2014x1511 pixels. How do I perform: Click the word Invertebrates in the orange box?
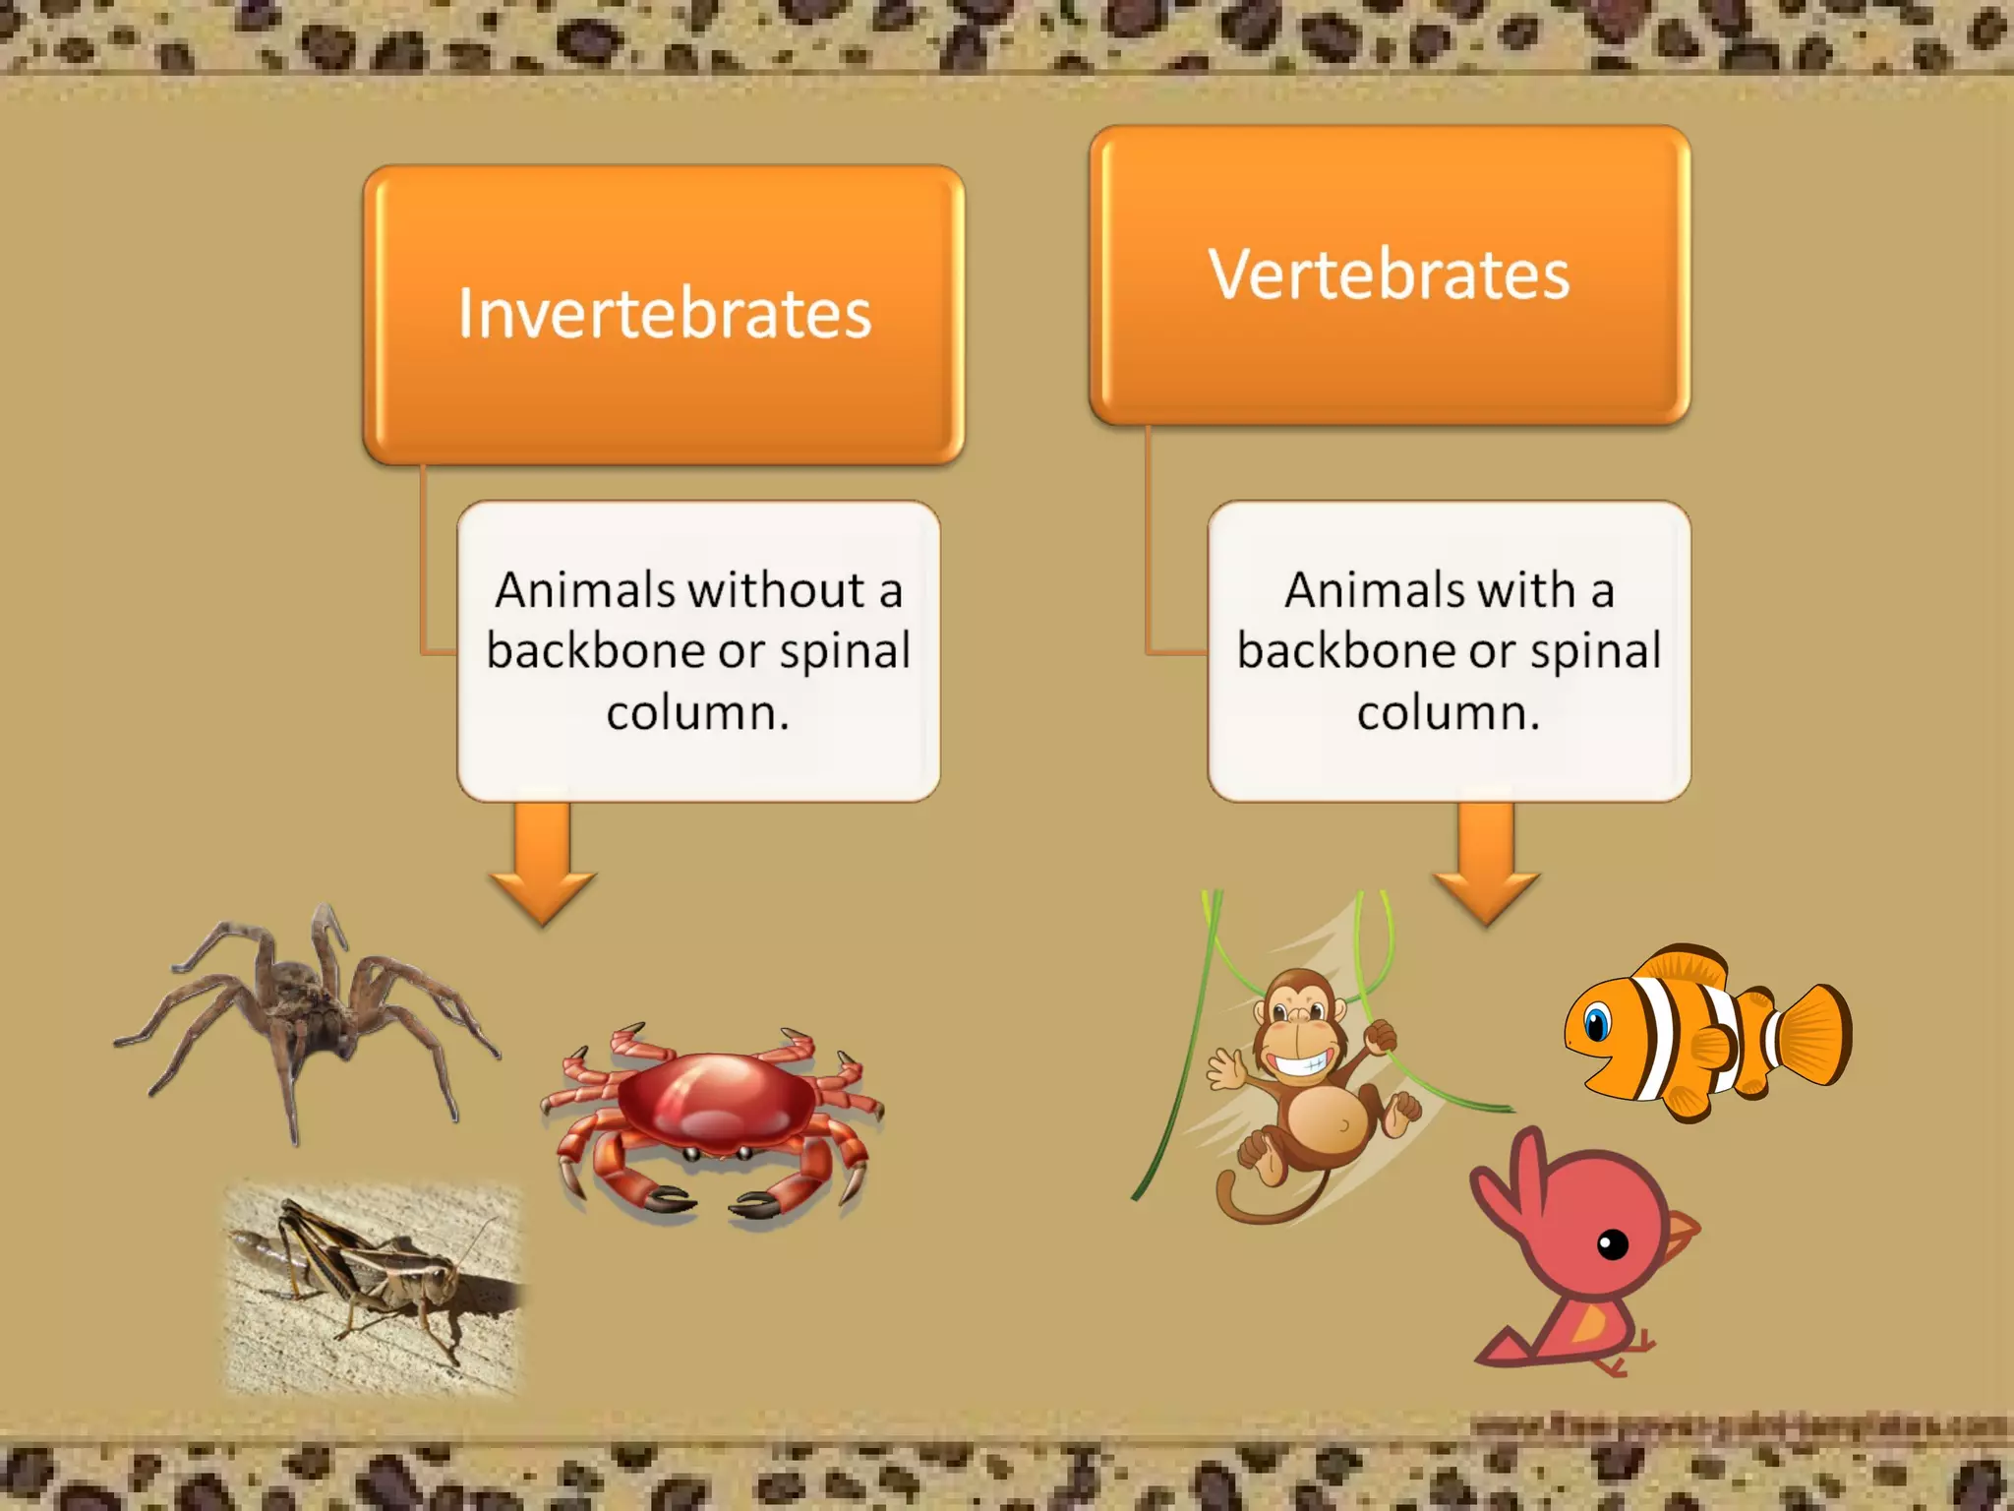665,314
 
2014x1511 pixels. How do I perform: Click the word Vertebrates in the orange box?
1389,274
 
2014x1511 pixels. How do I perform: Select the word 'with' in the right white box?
1526,590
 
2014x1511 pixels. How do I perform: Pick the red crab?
713,1112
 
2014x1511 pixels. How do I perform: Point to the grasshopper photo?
374,1289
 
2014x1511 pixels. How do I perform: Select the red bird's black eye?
1613,1245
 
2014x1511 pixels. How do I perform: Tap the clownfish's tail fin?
1814,1035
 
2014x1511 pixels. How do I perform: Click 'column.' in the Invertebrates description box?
698,712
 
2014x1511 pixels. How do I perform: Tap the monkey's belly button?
1343,1124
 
